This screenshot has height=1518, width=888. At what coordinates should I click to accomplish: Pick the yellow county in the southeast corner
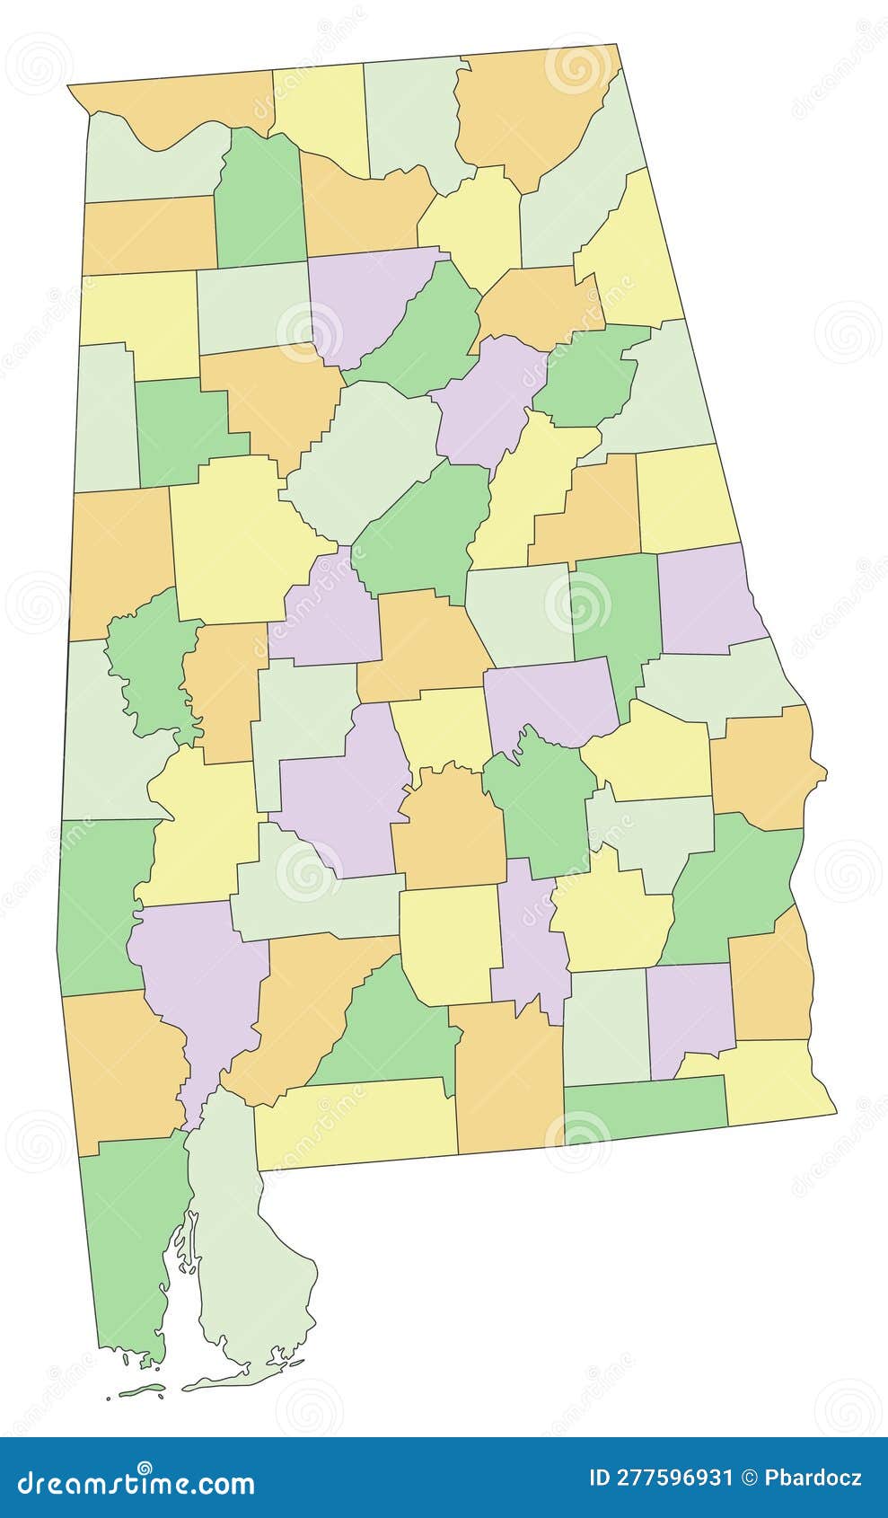[x=772, y=1082]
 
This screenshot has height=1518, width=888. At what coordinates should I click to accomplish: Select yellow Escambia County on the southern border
[x=355, y=1123]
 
